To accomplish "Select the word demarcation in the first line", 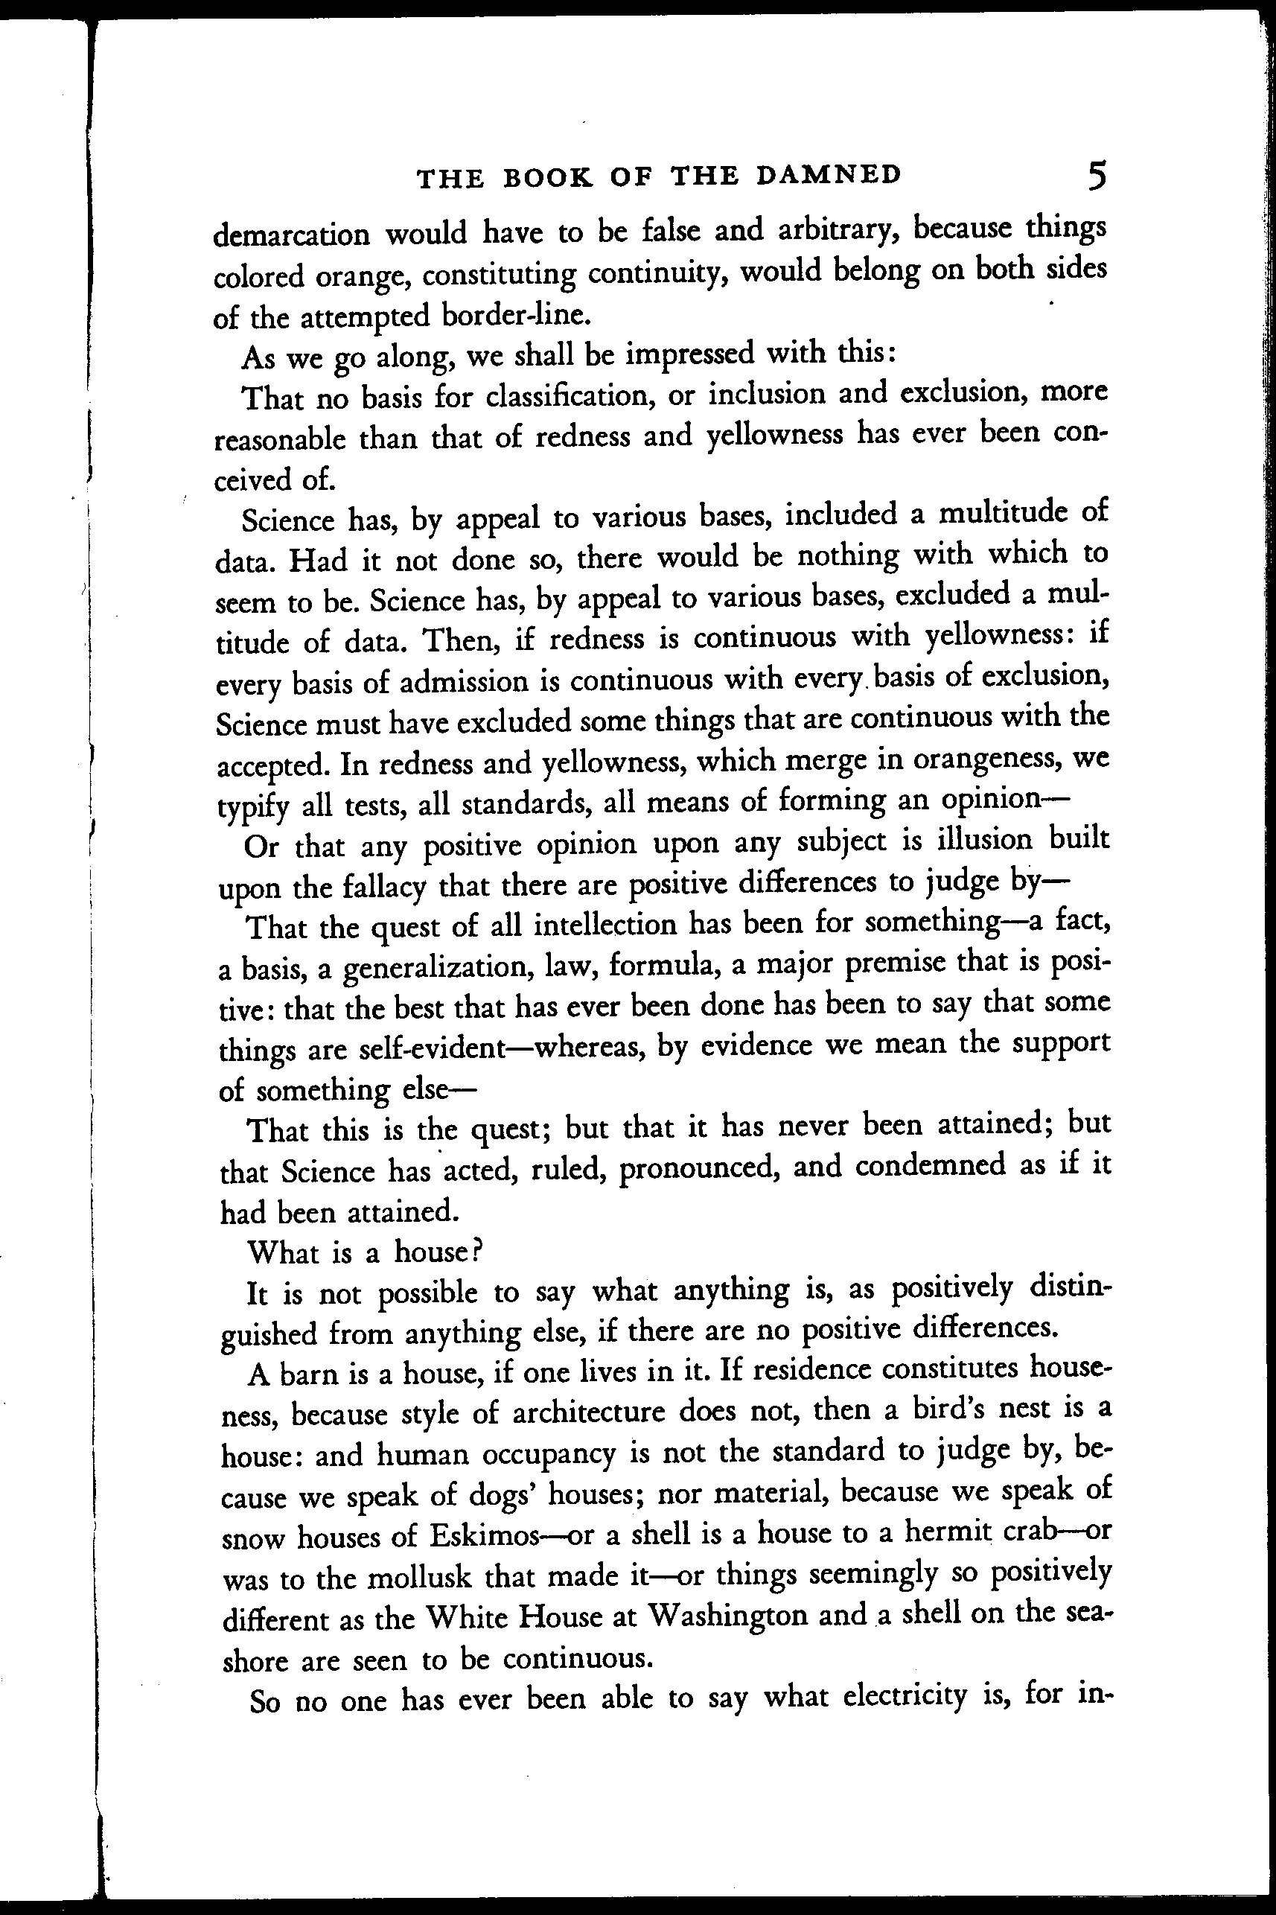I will coord(291,235).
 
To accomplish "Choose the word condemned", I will coord(930,1165).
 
